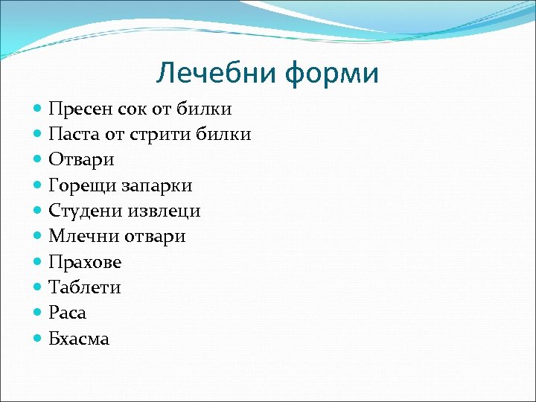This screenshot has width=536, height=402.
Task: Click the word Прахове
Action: [x=85, y=262]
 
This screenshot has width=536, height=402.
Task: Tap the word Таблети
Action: [x=84, y=287]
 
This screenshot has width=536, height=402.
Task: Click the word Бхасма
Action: [x=79, y=339]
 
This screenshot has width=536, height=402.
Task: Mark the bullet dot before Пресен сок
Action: [x=39, y=109]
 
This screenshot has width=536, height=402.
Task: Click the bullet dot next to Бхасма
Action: [x=39, y=338]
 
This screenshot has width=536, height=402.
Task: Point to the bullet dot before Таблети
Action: [x=39, y=287]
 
